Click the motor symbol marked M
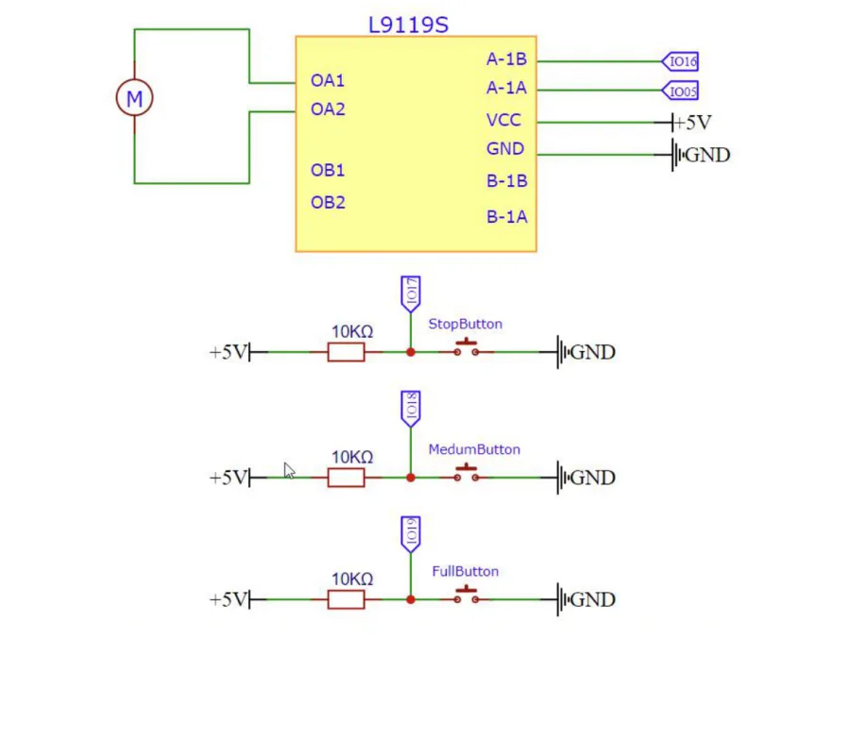[134, 98]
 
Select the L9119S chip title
[408, 25]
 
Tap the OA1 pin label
[328, 80]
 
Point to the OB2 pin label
[328, 203]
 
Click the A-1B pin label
[506, 59]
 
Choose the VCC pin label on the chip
[503, 120]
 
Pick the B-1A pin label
[507, 217]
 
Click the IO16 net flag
[680, 61]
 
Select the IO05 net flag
[680, 91]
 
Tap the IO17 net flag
[411, 294]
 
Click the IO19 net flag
[411, 534]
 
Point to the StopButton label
[465, 324]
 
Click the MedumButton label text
[474, 449]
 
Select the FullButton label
[465, 571]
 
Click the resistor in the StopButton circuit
[346, 352]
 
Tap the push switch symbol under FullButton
[467, 595]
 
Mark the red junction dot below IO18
[411, 478]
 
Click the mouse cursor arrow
[290, 471]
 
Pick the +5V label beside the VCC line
[692, 123]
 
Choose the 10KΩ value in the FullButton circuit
[352, 580]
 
